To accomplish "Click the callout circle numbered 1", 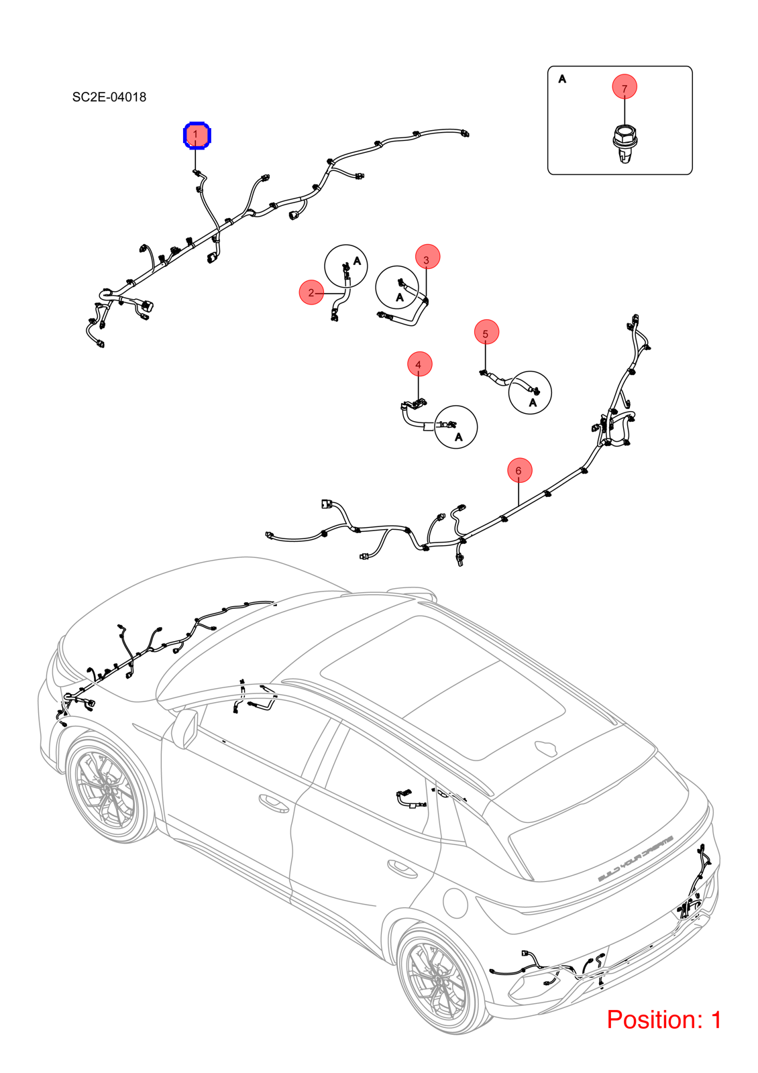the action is pyautogui.click(x=197, y=135).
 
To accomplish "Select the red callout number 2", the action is pyautogui.click(x=311, y=292).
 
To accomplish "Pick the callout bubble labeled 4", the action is pyautogui.click(x=419, y=364).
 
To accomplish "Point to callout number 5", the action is pyautogui.click(x=486, y=332).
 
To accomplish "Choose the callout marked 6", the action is pyautogui.click(x=519, y=470).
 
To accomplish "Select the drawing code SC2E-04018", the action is pyautogui.click(x=109, y=97).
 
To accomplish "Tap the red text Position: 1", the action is pyautogui.click(x=664, y=1019).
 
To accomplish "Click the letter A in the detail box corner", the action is pyautogui.click(x=563, y=78).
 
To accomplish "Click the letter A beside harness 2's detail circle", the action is pyautogui.click(x=357, y=261).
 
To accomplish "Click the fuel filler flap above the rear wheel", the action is pyautogui.click(x=453, y=902).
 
